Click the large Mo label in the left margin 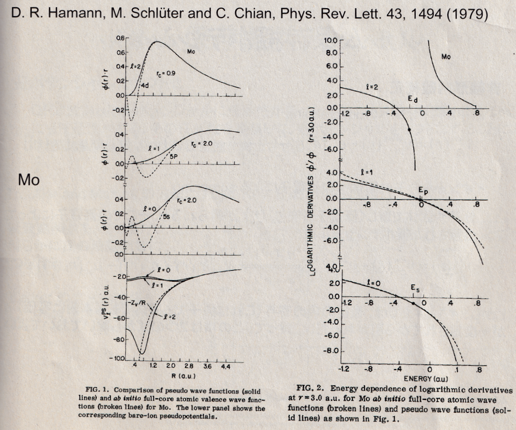point(29,180)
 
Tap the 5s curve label point(166,216)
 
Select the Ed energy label point(412,96)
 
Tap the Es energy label point(414,287)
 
